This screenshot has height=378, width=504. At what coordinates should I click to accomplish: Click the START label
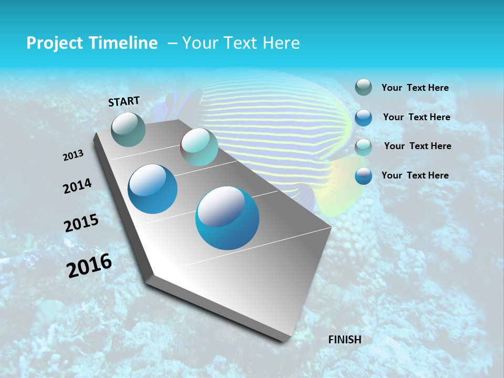[124, 101]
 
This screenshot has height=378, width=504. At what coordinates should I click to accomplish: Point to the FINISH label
[345, 340]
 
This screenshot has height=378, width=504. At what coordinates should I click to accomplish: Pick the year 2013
[73, 155]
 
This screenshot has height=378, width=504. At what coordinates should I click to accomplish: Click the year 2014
[77, 186]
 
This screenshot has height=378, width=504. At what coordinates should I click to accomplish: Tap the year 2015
[81, 223]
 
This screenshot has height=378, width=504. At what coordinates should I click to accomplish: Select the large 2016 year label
[89, 266]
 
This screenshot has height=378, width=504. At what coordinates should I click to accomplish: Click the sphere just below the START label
[129, 129]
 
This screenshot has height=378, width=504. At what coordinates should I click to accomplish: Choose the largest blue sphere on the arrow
[227, 218]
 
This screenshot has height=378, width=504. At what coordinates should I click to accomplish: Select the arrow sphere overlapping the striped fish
[199, 147]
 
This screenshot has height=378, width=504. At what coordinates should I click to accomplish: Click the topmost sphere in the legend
[363, 88]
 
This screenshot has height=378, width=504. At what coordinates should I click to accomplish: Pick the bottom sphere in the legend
[363, 175]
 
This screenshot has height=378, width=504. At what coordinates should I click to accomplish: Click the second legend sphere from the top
[363, 117]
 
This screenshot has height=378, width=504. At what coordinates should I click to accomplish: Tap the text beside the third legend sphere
[417, 146]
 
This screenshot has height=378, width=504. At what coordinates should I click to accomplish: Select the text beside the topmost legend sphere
[415, 88]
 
